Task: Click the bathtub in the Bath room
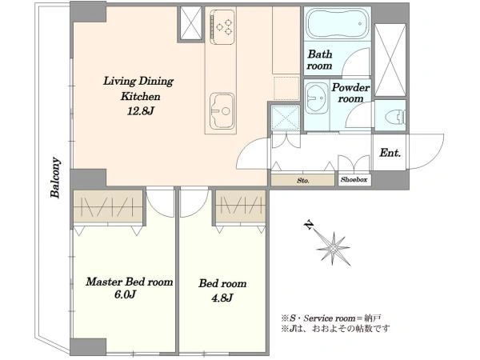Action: point(338,23)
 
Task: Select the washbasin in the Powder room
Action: point(317,98)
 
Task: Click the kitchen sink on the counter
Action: point(222,111)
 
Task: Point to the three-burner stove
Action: point(222,26)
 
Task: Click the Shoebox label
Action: point(354,180)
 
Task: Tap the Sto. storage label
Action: point(302,180)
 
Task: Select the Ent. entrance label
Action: point(390,153)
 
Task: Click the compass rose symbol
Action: point(333,248)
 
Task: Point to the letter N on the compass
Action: point(309,225)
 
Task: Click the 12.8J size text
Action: point(140,111)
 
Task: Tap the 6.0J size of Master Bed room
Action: point(125,294)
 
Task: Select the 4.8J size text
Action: point(222,297)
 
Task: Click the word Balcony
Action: point(55,178)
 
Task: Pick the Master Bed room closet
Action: point(108,206)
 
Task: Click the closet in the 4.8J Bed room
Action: point(240,206)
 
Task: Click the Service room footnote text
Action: point(331,318)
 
